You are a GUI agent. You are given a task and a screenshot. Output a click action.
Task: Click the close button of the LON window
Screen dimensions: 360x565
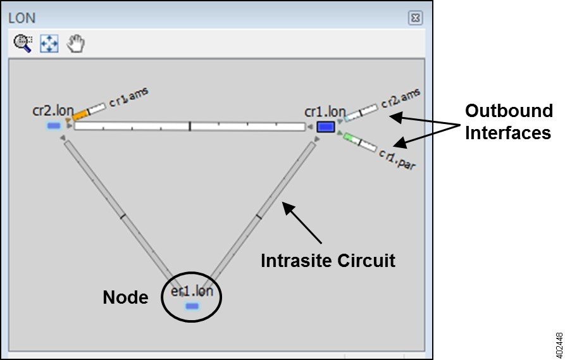tap(415, 18)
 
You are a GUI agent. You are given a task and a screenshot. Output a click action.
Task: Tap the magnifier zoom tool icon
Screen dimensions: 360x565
tap(23, 44)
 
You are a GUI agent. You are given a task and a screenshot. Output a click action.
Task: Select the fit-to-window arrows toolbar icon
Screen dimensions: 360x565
tap(49, 44)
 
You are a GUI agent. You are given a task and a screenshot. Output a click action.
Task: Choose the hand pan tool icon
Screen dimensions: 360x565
tap(76, 44)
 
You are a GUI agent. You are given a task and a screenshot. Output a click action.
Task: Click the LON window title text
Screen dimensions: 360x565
tap(22, 17)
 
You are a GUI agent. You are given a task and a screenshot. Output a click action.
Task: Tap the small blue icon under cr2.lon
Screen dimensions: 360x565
tap(54, 126)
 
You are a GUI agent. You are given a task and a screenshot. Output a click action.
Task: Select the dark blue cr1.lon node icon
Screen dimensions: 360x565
tap(325, 127)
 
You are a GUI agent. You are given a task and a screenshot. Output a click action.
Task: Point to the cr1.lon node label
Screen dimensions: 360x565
tap(325, 112)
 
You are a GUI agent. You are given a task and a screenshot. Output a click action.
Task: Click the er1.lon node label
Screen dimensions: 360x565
tap(196, 292)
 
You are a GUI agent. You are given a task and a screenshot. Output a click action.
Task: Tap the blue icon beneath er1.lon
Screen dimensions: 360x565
tap(192, 306)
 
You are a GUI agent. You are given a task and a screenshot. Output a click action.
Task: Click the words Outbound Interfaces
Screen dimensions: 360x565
tap(509, 122)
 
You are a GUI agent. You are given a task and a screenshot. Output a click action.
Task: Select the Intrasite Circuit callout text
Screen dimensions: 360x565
tap(328, 260)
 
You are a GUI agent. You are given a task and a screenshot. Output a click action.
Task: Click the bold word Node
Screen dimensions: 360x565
tap(125, 297)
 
